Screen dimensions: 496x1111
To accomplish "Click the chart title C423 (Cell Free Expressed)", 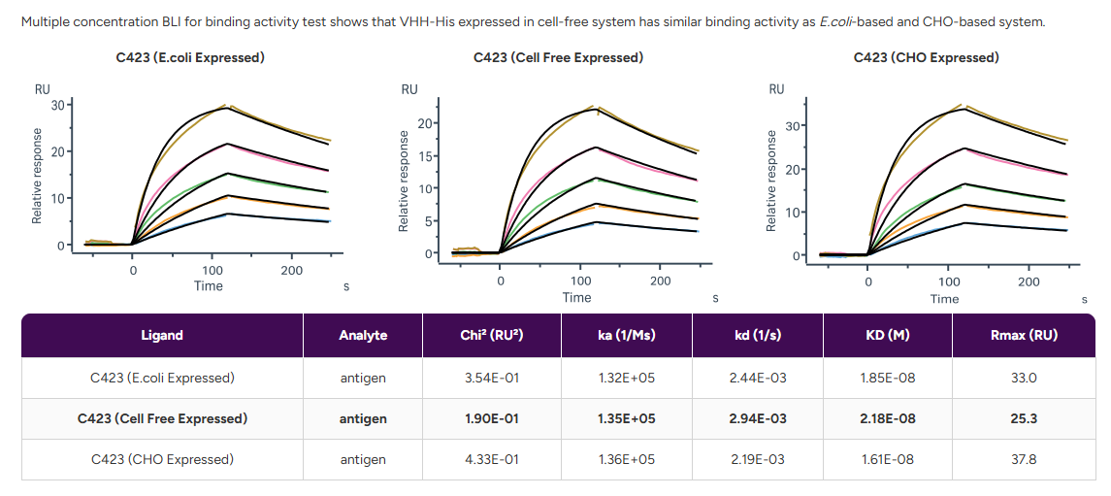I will pyautogui.click(x=558, y=57).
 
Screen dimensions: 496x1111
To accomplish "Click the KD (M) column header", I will pyautogui.click(x=887, y=335).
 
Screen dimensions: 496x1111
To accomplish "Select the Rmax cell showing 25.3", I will pyautogui.click(x=1024, y=418).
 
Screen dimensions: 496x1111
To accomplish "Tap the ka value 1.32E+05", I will pyautogui.click(x=627, y=378).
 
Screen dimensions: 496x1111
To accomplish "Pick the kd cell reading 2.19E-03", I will pyautogui.click(x=758, y=459).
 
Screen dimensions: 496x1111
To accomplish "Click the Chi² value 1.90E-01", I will pyautogui.click(x=491, y=418).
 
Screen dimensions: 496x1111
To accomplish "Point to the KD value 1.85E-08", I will pyautogui.click(x=887, y=378).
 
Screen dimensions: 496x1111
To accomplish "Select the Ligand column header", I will pyautogui.click(x=162, y=335).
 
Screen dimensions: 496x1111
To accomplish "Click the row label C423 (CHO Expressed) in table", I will pyautogui.click(x=162, y=459).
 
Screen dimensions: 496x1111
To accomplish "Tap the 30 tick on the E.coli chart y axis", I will pyautogui.click(x=56, y=105).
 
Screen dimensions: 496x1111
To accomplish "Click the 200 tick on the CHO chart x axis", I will pyautogui.click(x=1029, y=281).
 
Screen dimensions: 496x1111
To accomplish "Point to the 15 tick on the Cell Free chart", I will pyautogui.click(x=423, y=155).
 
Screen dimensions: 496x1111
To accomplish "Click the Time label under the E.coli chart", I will pyautogui.click(x=209, y=285).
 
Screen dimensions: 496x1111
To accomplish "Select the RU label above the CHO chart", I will pyautogui.click(x=776, y=89).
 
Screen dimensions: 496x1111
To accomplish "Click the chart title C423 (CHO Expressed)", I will pyautogui.click(x=926, y=57).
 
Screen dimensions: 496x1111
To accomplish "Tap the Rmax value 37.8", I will pyautogui.click(x=1024, y=459).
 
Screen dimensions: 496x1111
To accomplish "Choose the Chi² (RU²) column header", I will pyautogui.click(x=491, y=335).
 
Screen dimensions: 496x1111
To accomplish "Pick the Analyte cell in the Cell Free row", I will pyautogui.click(x=363, y=418).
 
